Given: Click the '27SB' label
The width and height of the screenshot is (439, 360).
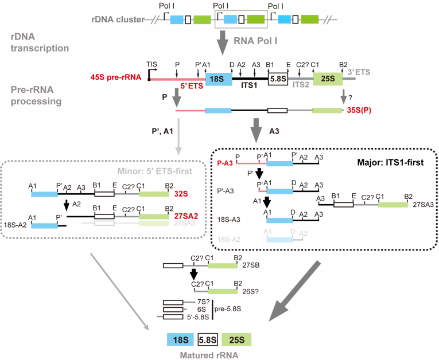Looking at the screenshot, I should [x=252, y=266].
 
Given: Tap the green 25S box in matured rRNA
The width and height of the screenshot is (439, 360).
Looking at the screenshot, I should [x=237, y=339].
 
